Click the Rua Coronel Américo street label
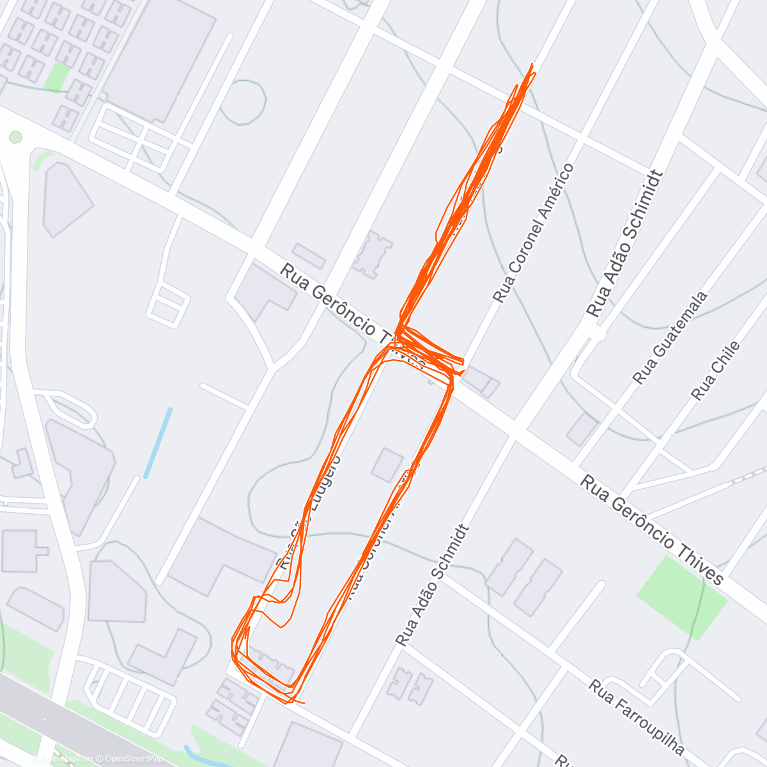(x=534, y=233)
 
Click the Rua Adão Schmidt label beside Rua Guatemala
(x=623, y=244)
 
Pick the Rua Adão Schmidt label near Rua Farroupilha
(x=433, y=585)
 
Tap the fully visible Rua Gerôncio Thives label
(x=652, y=530)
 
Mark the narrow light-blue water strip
(x=158, y=442)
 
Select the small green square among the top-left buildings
(x=58, y=77)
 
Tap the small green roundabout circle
(x=16, y=137)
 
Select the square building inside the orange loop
(x=387, y=465)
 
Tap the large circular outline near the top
(x=244, y=102)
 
